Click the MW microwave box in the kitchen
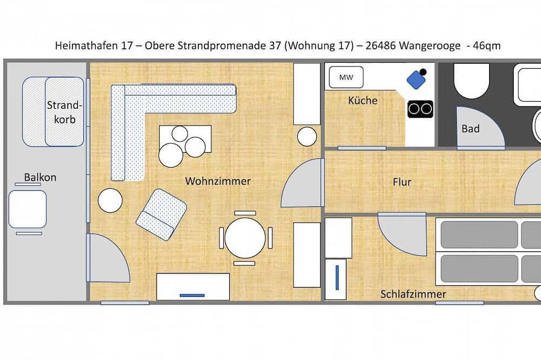point(346,78)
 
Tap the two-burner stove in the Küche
point(420,109)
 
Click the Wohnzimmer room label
point(218,181)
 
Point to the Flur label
point(402,182)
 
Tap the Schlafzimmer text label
point(413,294)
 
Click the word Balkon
point(40,177)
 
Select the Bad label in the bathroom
point(470,129)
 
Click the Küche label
point(363,101)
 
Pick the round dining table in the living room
point(245,238)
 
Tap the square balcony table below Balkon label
point(28,209)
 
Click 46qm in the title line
point(486,46)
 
